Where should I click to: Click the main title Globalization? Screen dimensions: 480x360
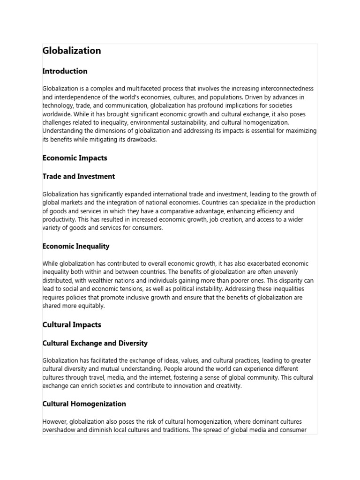coord(72,51)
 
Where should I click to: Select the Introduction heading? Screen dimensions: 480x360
coord(65,71)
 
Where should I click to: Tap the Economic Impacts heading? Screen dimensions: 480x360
coord(75,158)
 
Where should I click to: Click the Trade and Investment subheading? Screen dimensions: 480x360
coord(78,177)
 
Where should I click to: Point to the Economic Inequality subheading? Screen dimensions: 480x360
coord(75,246)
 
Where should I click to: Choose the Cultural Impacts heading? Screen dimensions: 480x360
coord(72,324)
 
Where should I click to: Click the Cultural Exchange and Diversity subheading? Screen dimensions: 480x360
coord(95,343)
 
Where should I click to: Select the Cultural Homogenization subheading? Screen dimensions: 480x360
coord(84,404)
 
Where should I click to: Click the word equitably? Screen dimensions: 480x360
coord(90,306)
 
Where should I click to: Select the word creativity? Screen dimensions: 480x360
coord(227,386)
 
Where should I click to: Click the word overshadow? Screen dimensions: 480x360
coord(57,429)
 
